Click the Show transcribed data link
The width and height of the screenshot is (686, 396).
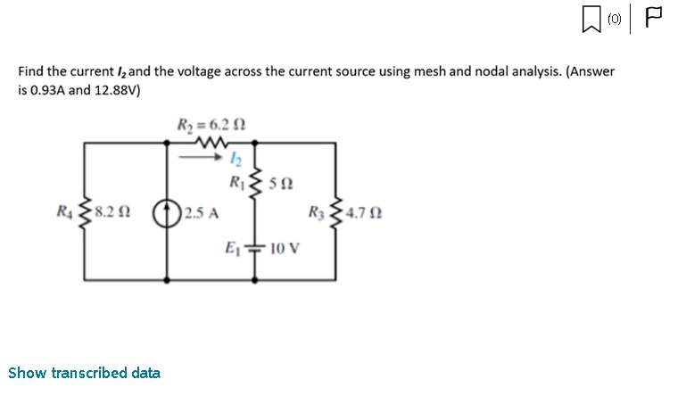click(x=84, y=373)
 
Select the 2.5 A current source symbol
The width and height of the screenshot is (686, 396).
click(x=169, y=214)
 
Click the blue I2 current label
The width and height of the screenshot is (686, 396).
click(x=236, y=157)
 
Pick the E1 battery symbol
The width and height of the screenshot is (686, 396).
click(x=255, y=247)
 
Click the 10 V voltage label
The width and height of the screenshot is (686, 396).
click(x=285, y=247)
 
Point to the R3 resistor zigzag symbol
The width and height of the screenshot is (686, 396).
click(x=336, y=214)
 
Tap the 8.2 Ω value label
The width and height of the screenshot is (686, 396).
click(x=113, y=214)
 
